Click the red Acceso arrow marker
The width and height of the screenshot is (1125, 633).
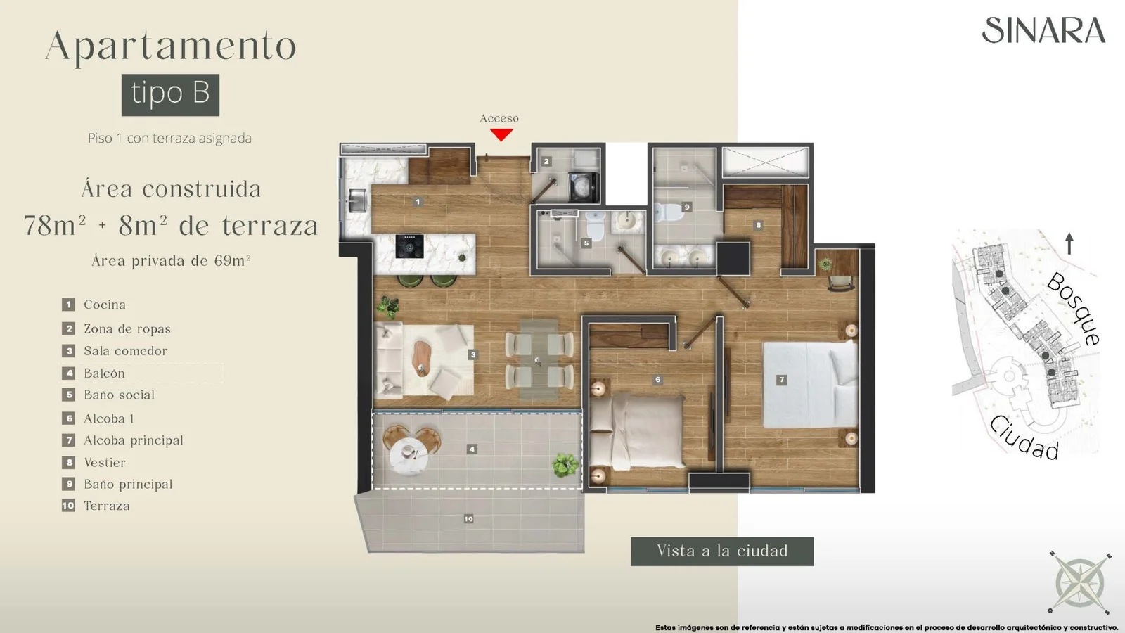pos(501,134)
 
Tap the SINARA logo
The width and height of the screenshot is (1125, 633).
pos(1043,30)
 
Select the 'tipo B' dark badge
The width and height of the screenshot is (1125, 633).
pos(170,95)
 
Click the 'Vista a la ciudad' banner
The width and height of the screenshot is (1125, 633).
pos(722,551)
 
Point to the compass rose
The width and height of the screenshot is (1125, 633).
pos(1080,583)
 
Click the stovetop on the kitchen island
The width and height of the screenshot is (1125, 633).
pos(409,246)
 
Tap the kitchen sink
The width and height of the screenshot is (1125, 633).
pos(357,201)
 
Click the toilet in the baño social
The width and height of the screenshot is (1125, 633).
pos(596,226)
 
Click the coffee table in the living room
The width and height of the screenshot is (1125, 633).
pos(422,358)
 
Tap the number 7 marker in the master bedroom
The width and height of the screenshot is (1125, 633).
pos(781,380)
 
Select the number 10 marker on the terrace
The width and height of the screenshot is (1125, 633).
pos(468,519)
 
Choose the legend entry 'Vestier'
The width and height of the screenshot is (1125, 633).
pos(105,462)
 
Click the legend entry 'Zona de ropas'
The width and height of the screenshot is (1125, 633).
pos(127,329)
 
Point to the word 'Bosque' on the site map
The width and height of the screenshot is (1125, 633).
pos(1074,309)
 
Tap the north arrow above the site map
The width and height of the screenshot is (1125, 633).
pos(1069,243)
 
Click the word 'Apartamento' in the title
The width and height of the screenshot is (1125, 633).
pos(171,46)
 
